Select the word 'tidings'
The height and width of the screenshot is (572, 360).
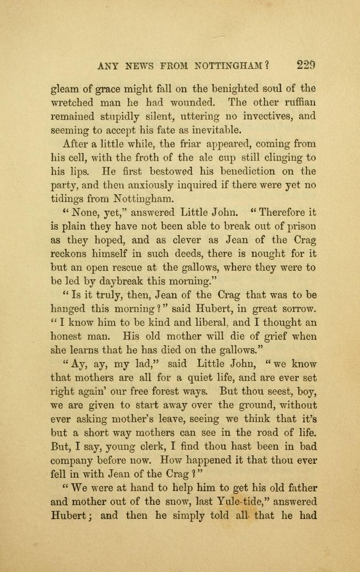(68, 200)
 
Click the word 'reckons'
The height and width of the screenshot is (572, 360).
(72, 255)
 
